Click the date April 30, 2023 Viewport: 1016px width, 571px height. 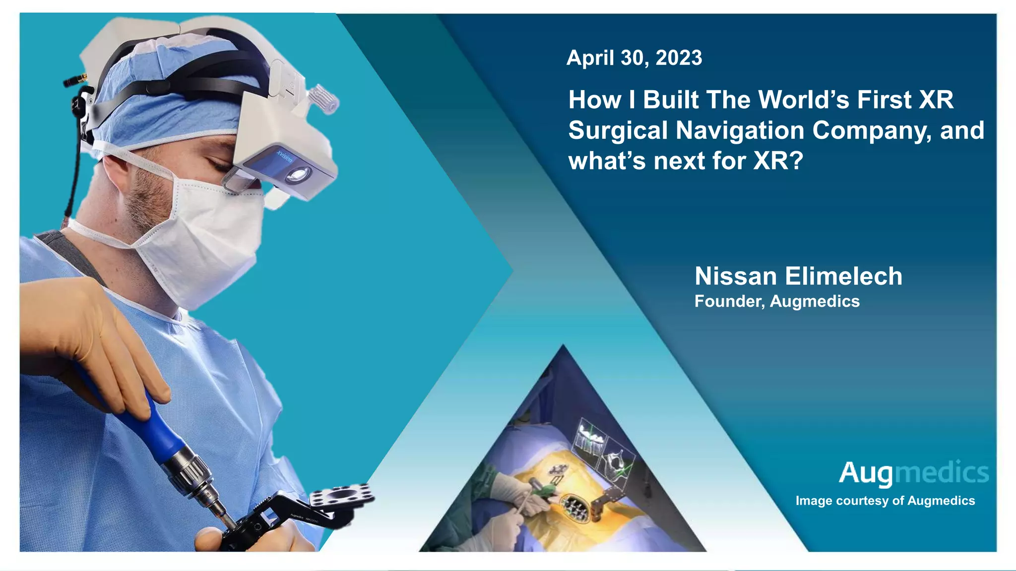pos(634,58)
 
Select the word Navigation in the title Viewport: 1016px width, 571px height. pos(741,130)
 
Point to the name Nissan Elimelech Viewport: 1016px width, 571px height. pos(798,276)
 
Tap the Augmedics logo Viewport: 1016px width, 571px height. pos(913,473)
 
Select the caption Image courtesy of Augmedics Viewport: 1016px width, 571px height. pos(885,501)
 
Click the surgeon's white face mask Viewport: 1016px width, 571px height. pos(208,238)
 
